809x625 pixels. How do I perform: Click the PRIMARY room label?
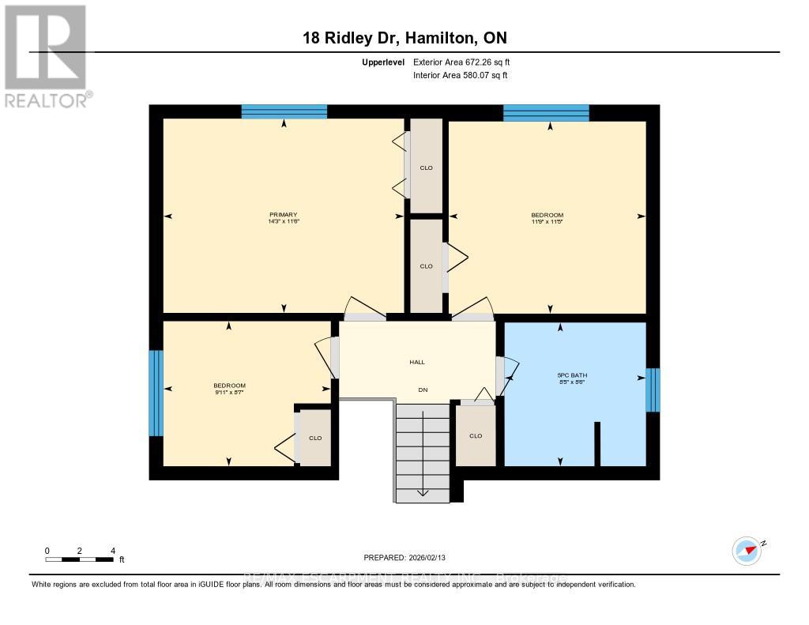coord(283,215)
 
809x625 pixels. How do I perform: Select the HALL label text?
coord(417,362)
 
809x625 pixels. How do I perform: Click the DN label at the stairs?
coord(423,390)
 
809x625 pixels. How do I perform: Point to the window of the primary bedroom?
coord(284,111)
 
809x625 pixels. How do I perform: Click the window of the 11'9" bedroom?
coord(546,112)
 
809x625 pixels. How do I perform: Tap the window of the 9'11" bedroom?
coord(156,393)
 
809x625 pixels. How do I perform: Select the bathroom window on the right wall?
coord(652,390)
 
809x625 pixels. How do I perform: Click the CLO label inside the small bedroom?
coord(315,438)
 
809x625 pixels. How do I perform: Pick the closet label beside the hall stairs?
coord(476,435)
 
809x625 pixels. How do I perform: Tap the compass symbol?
coord(747,550)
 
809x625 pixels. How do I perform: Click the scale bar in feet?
coord(79,559)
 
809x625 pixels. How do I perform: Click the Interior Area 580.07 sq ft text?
coord(460,76)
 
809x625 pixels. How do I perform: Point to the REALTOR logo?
coord(46,55)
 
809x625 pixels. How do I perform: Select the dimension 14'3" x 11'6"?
coord(283,222)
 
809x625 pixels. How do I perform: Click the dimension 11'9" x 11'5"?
coord(547,222)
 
